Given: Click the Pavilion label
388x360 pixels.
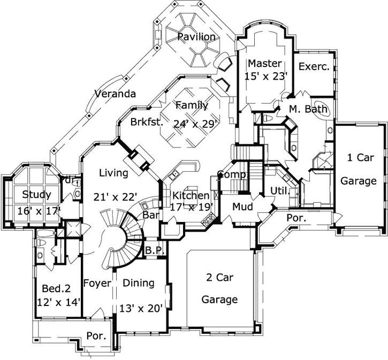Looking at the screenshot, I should point(197,37).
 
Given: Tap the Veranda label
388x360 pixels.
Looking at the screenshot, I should point(115,94).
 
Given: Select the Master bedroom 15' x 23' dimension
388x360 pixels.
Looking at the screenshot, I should point(266,76).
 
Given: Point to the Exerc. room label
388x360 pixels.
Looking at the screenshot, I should point(314,66).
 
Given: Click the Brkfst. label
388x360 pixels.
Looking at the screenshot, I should point(146,122).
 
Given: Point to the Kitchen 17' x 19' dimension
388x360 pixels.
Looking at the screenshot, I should point(192,206).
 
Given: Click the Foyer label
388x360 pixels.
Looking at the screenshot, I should point(97,283).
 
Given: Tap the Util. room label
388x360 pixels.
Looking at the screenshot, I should point(280,190).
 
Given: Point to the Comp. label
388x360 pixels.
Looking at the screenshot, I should point(232,175).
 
